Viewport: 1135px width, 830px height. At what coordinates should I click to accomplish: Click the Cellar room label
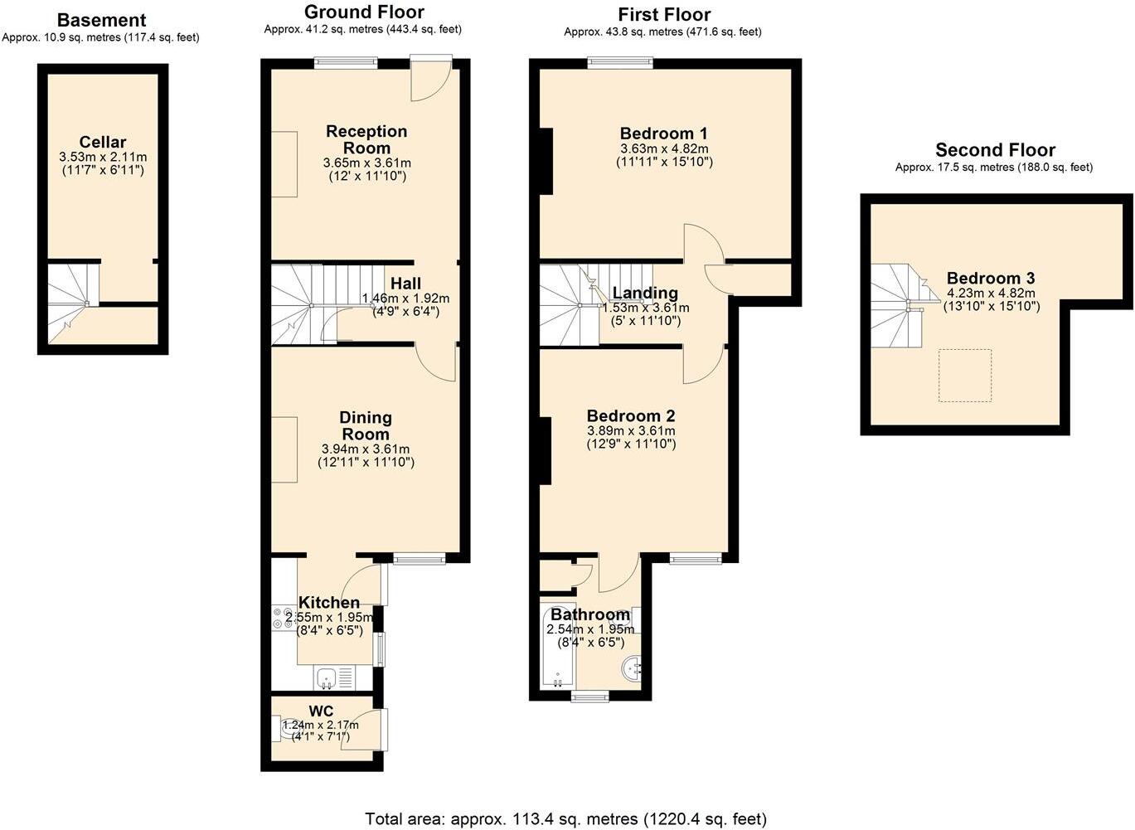point(103,142)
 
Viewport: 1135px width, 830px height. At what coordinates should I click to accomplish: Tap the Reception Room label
point(366,139)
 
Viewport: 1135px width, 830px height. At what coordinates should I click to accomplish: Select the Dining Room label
point(366,426)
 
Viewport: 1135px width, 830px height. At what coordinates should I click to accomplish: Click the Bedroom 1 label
point(664,133)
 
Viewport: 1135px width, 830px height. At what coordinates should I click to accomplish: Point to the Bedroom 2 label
point(631,416)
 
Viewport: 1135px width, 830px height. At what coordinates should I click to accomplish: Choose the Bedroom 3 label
point(991,279)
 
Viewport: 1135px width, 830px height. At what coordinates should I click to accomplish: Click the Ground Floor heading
point(364,12)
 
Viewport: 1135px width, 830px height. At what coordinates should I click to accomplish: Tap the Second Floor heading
point(995,150)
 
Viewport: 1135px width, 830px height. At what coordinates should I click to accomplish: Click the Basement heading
point(101,20)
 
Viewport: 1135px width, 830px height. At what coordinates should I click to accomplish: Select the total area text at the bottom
point(566,819)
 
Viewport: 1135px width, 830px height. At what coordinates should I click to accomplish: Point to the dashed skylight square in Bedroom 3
point(965,376)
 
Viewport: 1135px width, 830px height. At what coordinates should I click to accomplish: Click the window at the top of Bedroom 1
point(620,61)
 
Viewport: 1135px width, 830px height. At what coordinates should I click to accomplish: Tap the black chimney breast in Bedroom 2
point(545,450)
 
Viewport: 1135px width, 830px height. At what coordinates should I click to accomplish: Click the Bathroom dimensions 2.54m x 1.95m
point(590,630)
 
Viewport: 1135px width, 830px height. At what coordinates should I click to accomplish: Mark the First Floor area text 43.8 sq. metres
point(662,32)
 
